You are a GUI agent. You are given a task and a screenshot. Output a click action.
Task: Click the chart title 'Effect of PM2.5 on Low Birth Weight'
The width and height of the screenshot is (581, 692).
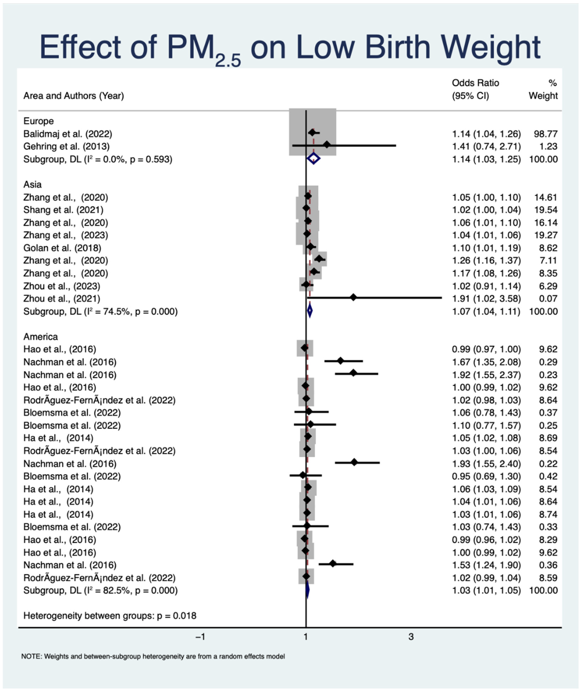pos(290,48)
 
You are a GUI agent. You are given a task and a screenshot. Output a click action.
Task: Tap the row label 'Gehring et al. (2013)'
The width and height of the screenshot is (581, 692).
pos(66,146)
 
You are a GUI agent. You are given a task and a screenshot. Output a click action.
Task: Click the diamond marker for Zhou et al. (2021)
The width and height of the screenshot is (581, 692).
pos(353,298)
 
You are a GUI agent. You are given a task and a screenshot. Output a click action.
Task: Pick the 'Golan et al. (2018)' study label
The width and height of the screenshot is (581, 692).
pos(62,248)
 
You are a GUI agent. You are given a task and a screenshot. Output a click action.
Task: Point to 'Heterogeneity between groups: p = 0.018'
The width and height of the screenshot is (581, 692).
pos(110,616)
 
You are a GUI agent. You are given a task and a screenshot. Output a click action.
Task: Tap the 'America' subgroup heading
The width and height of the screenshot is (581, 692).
pos(41,336)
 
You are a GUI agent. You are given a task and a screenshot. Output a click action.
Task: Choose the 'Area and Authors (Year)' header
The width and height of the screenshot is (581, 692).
pos(73,96)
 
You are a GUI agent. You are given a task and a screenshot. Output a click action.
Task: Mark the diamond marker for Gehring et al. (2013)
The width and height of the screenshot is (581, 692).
pos(326,145)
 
